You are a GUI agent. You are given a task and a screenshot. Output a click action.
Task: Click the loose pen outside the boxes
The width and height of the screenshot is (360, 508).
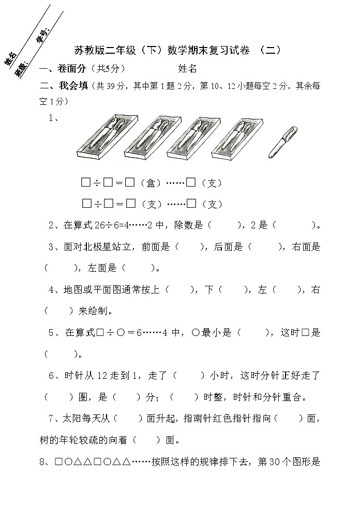tap(282, 143)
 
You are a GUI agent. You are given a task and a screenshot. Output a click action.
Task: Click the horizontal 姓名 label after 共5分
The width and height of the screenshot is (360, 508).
tap(188, 68)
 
